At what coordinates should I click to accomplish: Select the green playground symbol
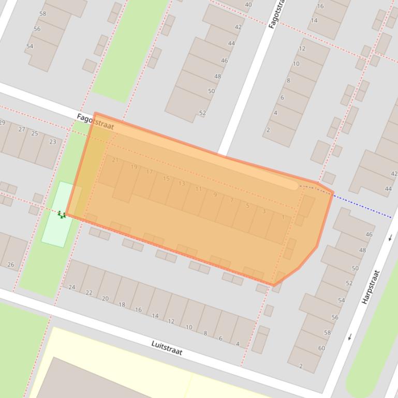[x=62, y=214]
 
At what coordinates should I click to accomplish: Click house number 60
[x=321, y=348]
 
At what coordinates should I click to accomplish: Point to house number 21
[x=115, y=160]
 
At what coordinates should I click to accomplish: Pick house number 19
[x=134, y=167]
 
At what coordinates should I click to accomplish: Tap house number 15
[x=166, y=179]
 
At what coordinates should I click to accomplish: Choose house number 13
[x=182, y=183]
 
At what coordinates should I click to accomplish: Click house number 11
[x=198, y=189]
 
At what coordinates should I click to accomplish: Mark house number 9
[x=215, y=195]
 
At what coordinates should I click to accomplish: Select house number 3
[x=264, y=211]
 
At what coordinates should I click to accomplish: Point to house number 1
[x=283, y=217]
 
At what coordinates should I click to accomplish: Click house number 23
[x=53, y=142]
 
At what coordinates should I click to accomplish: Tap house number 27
[x=22, y=129]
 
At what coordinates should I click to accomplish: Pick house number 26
[x=11, y=265]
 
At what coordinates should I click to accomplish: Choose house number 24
[x=72, y=287]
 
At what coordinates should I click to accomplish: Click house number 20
[x=105, y=299]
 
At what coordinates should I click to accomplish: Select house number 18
[x=122, y=304]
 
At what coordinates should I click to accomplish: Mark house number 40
[x=248, y=5]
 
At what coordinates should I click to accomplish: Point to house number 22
[x=89, y=293]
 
